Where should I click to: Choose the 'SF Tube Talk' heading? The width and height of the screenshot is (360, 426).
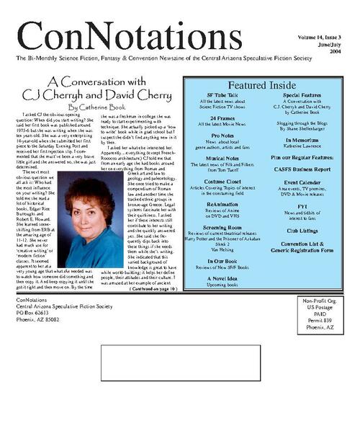222,96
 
